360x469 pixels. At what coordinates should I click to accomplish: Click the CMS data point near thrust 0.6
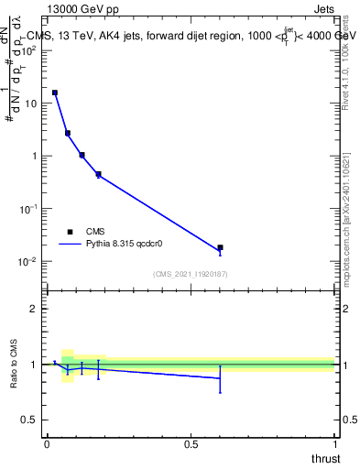[220, 247]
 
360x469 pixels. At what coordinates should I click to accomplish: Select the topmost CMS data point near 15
[55, 93]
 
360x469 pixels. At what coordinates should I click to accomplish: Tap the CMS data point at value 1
[82, 155]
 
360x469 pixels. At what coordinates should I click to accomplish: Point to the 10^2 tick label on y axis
[30, 50]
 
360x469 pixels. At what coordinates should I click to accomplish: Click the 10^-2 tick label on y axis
[30, 262]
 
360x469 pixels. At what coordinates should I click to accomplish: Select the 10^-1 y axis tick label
[30, 209]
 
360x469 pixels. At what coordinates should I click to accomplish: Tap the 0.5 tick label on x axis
[191, 444]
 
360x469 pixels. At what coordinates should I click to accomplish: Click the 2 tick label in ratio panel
[35, 309]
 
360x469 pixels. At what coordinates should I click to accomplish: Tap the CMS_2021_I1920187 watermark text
[191, 274]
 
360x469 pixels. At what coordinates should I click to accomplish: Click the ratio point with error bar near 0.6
[220, 377]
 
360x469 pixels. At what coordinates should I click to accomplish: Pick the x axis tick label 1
[334, 444]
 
